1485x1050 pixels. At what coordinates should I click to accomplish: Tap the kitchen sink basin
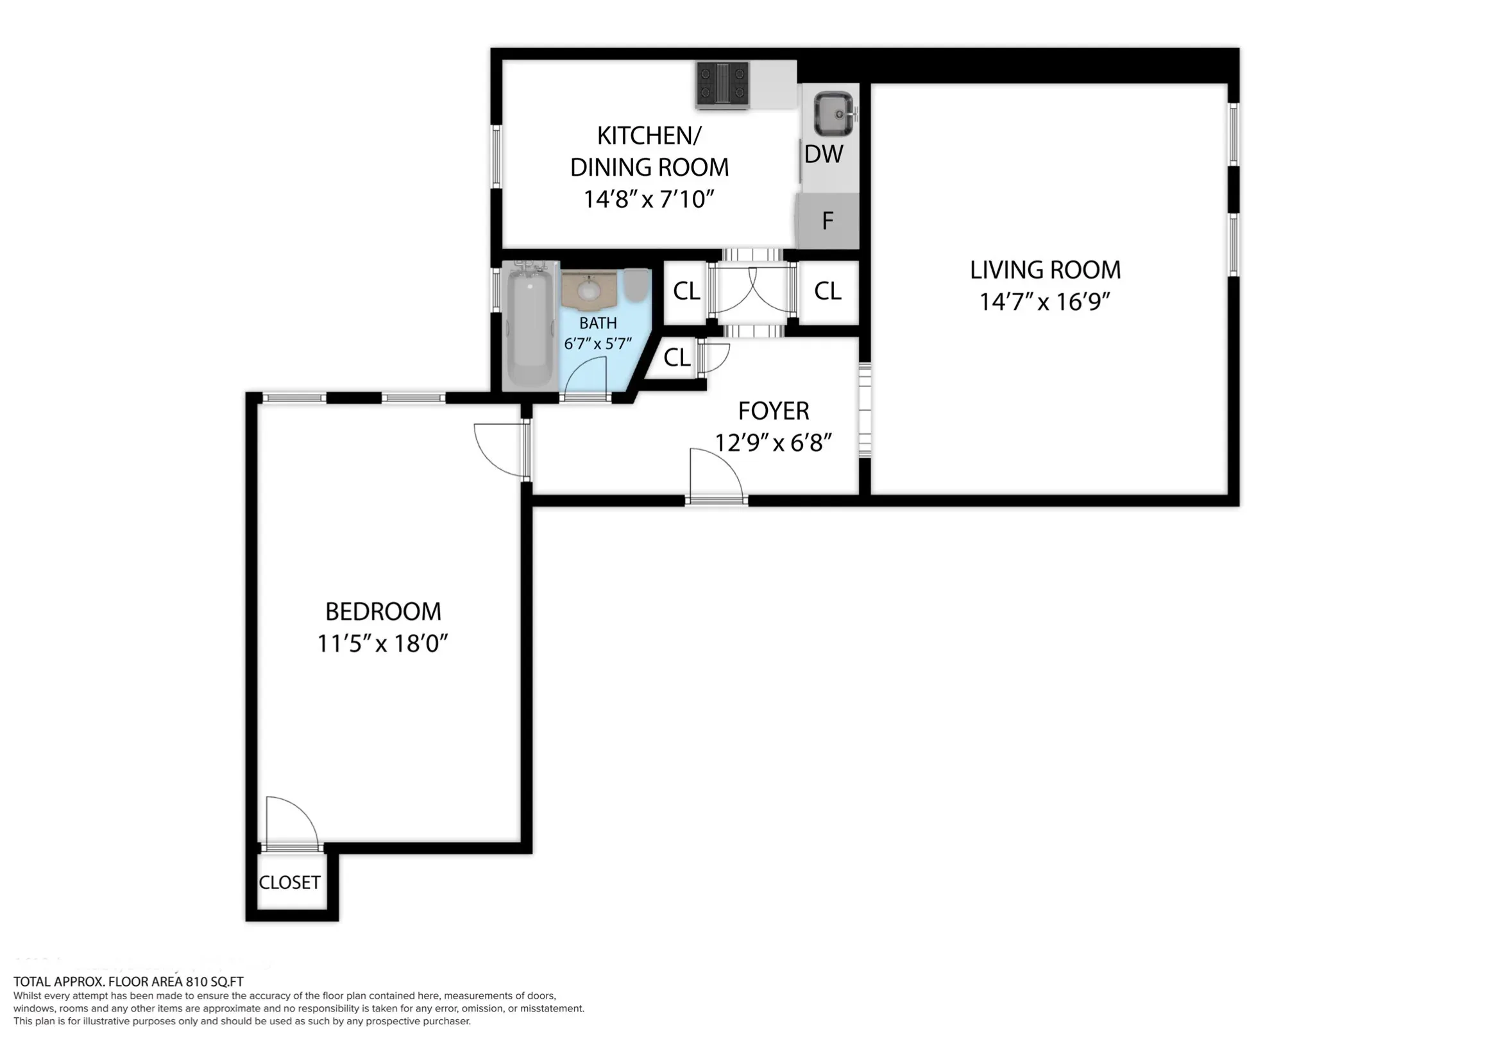[833, 114]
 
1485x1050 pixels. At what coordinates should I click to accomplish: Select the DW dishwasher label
[824, 155]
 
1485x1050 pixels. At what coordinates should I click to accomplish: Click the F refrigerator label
[827, 221]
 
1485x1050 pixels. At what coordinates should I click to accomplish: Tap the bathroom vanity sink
[588, 289]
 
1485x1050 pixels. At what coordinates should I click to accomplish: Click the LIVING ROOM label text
[1045, 270]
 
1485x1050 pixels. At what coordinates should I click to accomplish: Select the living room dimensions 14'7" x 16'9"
[1045, 302]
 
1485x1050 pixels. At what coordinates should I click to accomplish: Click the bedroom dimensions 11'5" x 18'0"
[382, 644]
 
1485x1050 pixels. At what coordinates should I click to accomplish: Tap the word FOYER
[774, 411]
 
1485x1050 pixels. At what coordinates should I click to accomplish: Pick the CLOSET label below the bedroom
[289, 882]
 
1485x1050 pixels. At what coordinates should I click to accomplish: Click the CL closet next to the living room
[827, 291]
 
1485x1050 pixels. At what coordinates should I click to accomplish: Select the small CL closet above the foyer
[677, 357]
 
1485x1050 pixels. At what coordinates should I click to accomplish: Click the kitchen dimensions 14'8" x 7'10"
[649, 199]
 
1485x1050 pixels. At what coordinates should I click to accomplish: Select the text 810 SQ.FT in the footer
[214, 982]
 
